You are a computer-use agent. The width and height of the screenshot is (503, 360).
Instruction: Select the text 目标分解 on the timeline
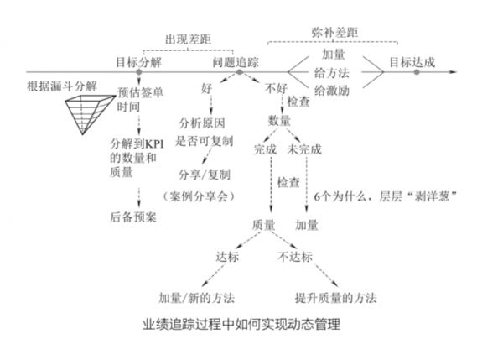pos(139,61)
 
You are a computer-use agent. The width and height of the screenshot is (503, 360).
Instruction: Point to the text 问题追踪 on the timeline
pos(237,61)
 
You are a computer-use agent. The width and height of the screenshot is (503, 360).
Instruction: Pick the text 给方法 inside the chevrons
pos(332,71)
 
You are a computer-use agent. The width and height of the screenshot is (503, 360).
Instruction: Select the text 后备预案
pos(133,217)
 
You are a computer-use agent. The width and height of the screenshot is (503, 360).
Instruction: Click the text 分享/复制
pos(204,175)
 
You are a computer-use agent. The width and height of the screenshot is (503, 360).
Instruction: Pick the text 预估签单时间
pos(133,98)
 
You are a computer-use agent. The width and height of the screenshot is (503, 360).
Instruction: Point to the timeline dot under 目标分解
pos(139,72)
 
